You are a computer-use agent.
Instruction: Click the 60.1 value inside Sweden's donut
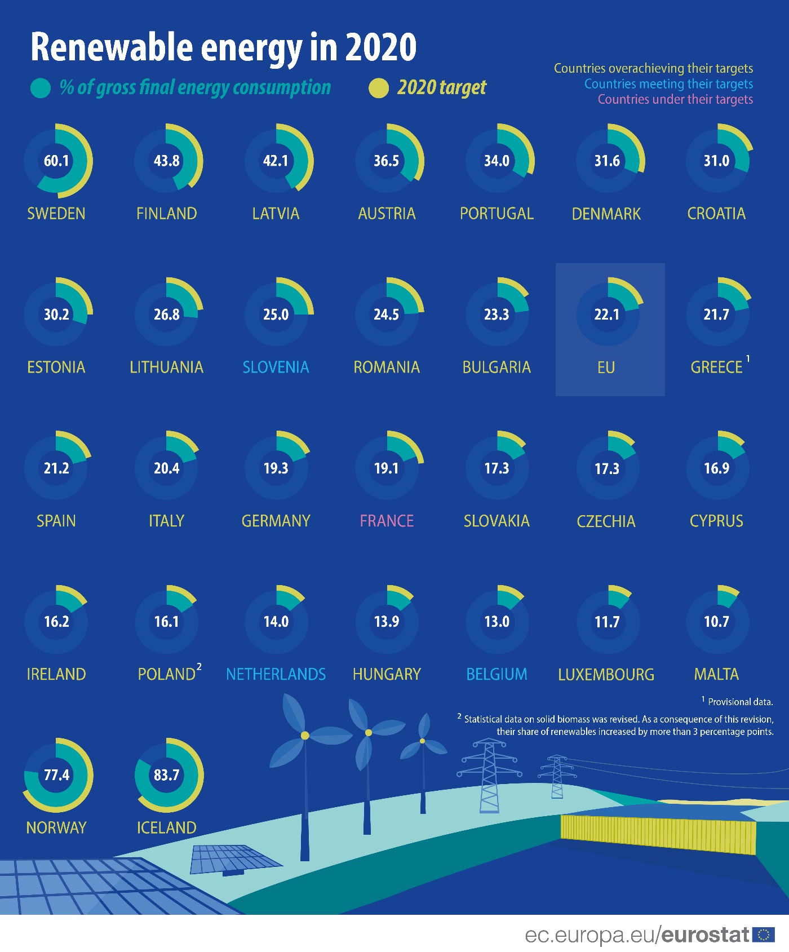click(x=56, y=161)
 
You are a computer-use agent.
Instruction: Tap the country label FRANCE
click(x=387, y=521)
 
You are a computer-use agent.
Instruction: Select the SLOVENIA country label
click(x=276, y=367)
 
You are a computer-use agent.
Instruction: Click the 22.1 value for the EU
click(x=607, y=315)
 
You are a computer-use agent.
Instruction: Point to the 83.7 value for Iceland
click(x=167, y=775)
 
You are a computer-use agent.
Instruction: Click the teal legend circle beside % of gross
click(x=41, y=88)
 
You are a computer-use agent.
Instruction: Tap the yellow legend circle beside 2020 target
click(x=379, y=88)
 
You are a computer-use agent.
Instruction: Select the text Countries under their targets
click(x=675, y=100)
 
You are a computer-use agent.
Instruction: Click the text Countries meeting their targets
click(x=668, y=84)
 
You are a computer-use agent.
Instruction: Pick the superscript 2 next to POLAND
click(x=199, y=667)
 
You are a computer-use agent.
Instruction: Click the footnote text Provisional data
click(x=740, y=702)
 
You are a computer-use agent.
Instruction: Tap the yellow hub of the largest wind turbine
click(x=305, y=736)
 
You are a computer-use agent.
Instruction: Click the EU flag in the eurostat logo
click(x=764, y=935)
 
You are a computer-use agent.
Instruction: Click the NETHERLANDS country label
click(x=276, y=674)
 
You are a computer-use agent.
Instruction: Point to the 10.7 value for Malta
click(x=716, y=622)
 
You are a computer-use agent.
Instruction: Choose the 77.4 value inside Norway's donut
click(x=56, y=775)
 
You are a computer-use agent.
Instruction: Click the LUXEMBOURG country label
click(x=606, y=675)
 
